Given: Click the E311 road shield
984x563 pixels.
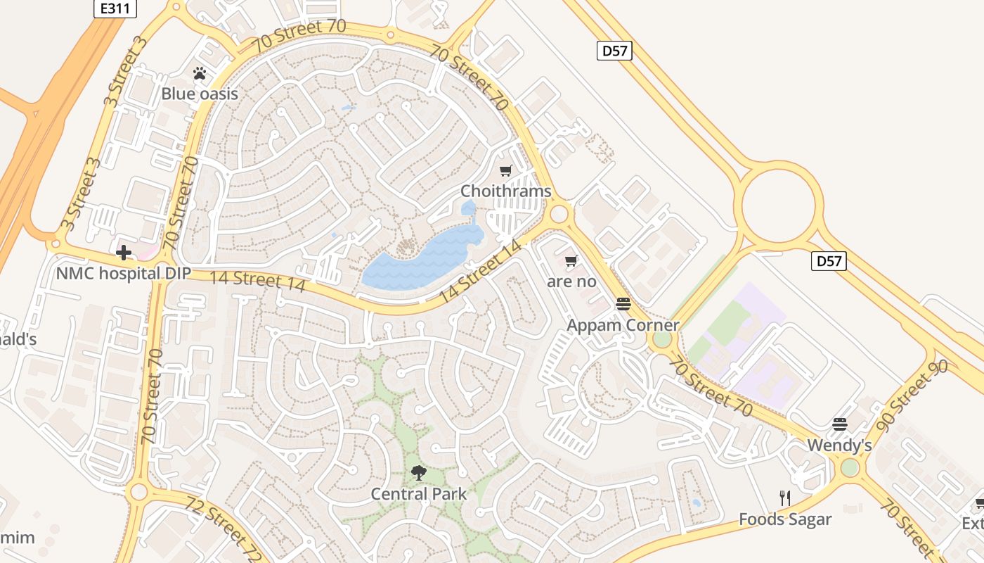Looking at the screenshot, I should (x=115, y=8).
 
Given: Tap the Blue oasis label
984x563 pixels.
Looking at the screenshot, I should (x=200, y=94).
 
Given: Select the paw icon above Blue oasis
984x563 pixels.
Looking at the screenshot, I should (x=200, y=73).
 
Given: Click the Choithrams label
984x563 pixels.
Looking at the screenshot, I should (x=505, y=191).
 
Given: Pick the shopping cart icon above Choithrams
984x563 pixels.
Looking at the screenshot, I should (x=505, y=171).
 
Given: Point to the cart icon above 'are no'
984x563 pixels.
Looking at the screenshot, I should (x=571, y=261).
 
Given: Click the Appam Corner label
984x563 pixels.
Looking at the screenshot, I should (x=623, y=325).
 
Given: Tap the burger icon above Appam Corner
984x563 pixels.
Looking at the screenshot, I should (x=623, y=304).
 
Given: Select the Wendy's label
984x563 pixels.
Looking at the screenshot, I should (x=839, y=445).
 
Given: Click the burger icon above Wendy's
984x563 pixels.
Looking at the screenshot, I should (x=839, y=424).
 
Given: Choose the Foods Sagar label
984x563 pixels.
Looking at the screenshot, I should (x=785, y=519).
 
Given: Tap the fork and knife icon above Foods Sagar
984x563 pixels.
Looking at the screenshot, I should (x=785, y=498).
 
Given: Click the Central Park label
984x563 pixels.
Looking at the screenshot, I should (x=418, y=494).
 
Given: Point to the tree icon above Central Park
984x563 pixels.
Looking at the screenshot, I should (x=418, y=473).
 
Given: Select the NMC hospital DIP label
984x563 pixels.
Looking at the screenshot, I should (x=124, y=273).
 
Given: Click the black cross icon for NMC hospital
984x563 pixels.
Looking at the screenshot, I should (x=124, y=252).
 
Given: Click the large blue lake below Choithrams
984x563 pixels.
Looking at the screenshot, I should (x=415, y=260).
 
